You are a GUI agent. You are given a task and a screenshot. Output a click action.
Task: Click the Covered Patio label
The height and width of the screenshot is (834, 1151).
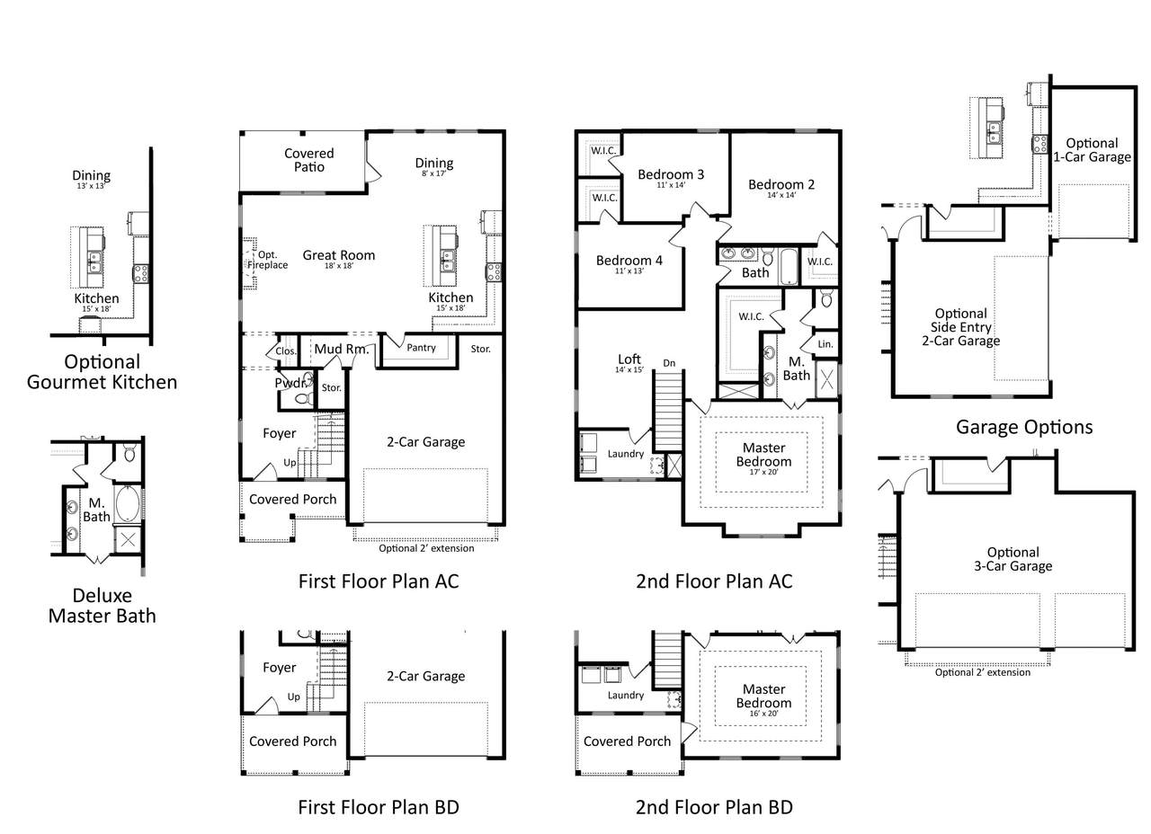(308, 160)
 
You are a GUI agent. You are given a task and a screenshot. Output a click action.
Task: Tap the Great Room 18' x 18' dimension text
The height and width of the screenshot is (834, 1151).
(339, 266)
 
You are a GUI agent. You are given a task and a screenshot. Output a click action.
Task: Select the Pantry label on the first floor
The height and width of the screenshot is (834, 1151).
(421, 348)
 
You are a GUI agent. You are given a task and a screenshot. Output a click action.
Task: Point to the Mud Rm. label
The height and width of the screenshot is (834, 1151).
(341, 350)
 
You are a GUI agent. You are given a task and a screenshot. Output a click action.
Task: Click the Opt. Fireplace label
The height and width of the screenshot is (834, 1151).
(268, 260)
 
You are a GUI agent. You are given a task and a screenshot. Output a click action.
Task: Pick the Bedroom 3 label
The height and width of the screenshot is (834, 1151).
(671, 174)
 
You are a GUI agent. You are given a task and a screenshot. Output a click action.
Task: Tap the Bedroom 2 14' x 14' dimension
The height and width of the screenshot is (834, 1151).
(781, 195)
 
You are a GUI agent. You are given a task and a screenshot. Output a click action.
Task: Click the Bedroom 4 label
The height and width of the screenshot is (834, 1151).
(629, 261)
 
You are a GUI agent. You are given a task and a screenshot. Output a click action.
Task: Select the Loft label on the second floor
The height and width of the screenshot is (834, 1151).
(629, 359)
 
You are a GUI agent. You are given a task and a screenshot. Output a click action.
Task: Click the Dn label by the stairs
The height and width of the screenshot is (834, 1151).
(669, 363)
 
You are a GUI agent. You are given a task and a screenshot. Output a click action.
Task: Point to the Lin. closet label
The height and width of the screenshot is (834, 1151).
(825, 344)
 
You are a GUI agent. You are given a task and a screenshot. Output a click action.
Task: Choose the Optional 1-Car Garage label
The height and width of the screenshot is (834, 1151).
(1092, 150)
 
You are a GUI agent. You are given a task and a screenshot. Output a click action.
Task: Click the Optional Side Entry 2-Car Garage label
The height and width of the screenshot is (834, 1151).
(961, 327)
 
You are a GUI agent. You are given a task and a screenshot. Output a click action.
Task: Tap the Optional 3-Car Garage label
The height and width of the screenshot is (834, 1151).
(1013, 559)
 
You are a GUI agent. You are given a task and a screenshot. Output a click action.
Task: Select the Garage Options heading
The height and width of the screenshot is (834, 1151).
(1024, 427)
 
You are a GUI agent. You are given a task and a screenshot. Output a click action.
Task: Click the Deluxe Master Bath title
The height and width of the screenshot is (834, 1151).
(103, 606)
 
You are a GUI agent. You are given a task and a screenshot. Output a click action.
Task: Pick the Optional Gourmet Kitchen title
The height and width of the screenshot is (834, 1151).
(103, 372)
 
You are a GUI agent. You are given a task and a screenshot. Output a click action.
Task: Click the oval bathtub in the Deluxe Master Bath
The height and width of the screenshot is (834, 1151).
(128, 503)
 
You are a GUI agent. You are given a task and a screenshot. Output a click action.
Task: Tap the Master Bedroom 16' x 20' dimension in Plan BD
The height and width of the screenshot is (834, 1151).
(763, 714)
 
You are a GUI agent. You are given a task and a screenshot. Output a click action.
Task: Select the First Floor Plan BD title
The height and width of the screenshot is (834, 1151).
(379, 807)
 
